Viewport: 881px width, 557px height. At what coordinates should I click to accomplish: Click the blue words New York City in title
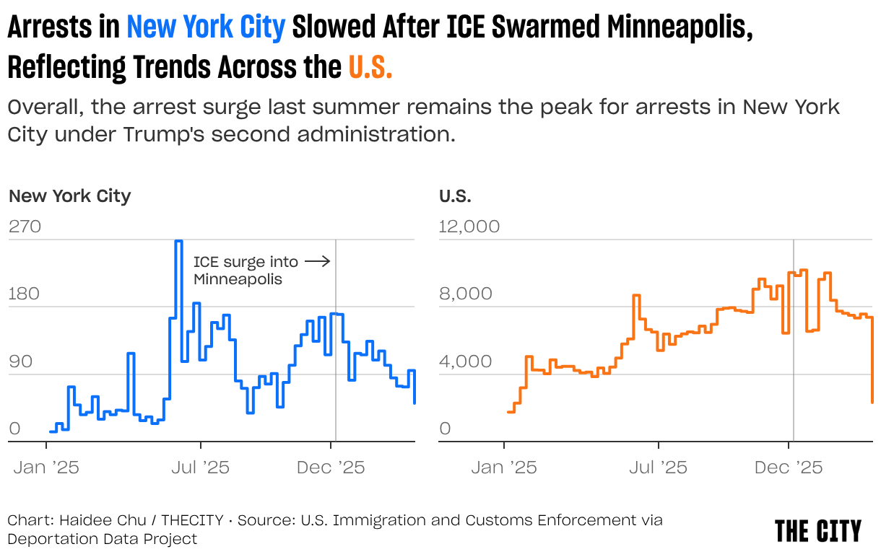click(206, 28)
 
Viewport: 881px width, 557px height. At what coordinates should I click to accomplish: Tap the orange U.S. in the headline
click(370, 67)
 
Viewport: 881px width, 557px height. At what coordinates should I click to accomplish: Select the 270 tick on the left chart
click(25, 227)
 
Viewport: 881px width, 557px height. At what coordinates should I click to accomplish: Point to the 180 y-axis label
click(25, 294)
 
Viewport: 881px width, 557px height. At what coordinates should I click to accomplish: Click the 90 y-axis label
click(20, 361)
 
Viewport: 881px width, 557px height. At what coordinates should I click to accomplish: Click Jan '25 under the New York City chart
click(46, 468)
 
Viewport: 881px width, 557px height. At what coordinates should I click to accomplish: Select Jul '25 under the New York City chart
click(201, 468)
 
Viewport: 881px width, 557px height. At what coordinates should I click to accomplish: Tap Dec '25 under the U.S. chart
click(788, 468)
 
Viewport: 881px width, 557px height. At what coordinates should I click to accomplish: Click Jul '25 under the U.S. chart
click(659, 468)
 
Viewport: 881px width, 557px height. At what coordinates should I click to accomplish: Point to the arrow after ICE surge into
click(317, 261)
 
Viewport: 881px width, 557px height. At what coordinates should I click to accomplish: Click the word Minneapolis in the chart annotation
click(237, 278)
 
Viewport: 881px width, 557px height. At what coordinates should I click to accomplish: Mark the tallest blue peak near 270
click(178, 241)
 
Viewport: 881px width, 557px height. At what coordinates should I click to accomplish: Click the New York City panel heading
click(70, 196)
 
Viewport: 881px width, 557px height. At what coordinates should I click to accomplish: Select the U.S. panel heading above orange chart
click(455, 196)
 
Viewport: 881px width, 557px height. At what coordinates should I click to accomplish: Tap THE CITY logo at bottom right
click(818, 531)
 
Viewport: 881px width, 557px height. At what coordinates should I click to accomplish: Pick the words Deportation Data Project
click(102, 538)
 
